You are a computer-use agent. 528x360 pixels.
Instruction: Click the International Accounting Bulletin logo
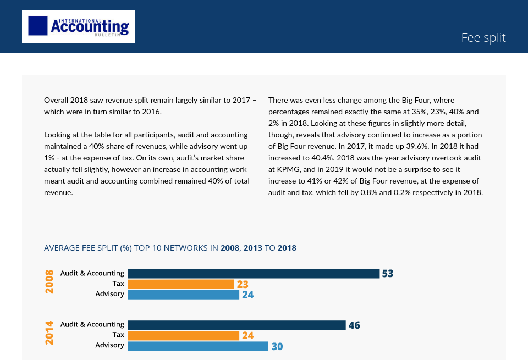79,26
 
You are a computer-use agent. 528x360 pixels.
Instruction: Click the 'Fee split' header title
483,37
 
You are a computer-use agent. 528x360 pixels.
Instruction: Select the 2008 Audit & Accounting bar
254,274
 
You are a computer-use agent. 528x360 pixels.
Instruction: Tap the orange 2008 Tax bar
181,284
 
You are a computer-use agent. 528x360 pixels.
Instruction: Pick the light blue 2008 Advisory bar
184,295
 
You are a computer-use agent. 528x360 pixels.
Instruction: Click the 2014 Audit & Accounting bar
237,325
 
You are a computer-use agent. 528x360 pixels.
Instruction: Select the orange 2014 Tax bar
184,335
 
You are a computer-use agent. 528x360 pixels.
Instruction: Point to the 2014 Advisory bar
198,346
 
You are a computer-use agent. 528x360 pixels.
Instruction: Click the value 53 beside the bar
388,274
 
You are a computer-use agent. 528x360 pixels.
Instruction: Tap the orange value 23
243,284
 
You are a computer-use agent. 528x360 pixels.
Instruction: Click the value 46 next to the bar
354,325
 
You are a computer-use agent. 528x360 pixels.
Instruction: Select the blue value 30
277,346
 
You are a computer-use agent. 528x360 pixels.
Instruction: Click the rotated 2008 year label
50,281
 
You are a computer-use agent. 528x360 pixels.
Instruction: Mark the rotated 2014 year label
50,333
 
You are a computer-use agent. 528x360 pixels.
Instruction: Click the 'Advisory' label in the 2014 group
110,345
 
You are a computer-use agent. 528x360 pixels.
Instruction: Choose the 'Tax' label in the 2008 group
118,284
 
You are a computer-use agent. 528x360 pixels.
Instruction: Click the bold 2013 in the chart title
252,248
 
